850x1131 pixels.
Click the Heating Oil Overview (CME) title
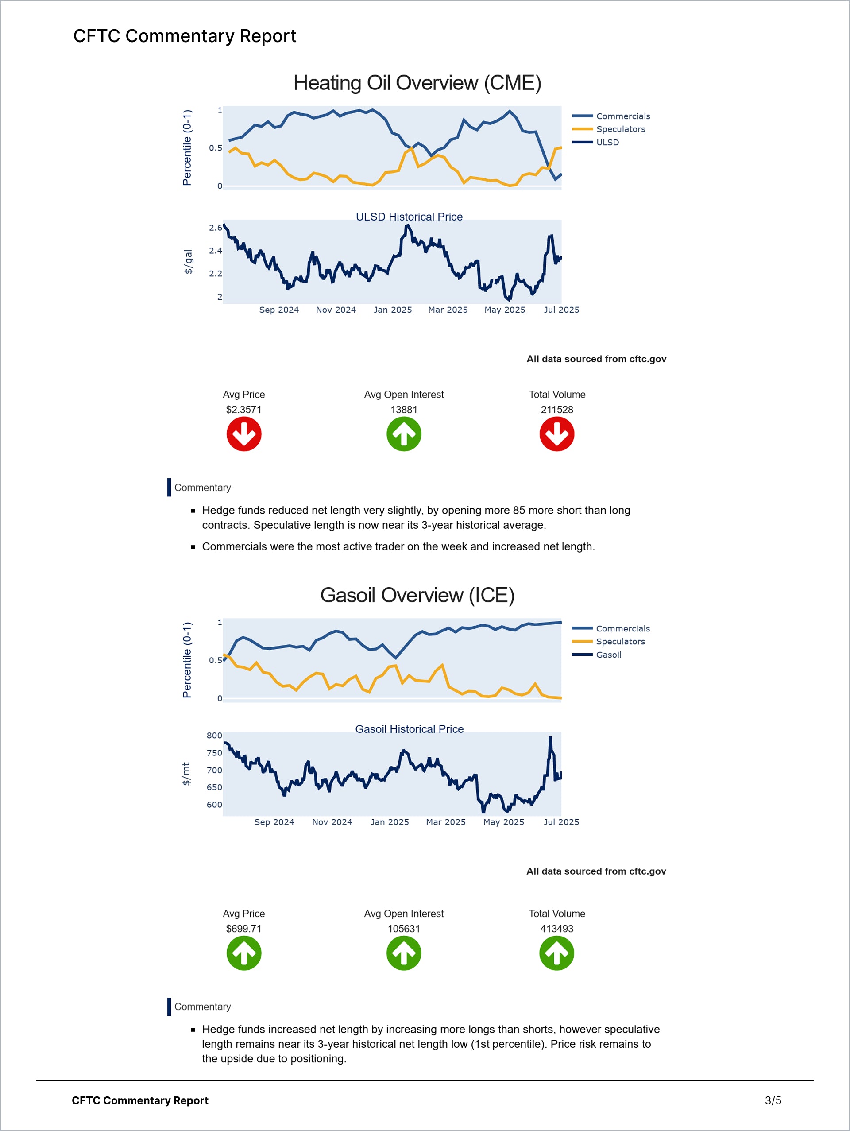pyautogui.click(x=417, y=83)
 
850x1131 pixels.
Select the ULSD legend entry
pyautogui.click(x=607, y=143)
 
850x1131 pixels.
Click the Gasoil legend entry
pyautogui.click(x=608, y=655)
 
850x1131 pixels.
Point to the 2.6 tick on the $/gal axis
pyautogui.click(x=215, y=228)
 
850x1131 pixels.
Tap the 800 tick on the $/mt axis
pyautogui.click(x=214, y=736)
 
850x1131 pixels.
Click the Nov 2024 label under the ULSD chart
pyautogui.click(x=336, y=310)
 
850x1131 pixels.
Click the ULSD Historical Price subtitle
pyautogui.click(x=409, y=217)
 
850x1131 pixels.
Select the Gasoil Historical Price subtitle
pyautogui.click(x=409, y=729)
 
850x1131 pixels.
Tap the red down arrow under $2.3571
pyautogui.click(x=244, y=434)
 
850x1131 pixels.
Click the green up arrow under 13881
pyautogui.click(x=404, y=434)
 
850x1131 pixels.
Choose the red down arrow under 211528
pyautogui.click(x=556, y=434)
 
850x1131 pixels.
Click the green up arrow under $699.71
pyautogui.click(x=244, y=953)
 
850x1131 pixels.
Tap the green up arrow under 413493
pyautogui.click(x=556, y=953)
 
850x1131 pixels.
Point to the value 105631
pyautogui.click(x=404, y=929)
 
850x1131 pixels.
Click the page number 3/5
pyautogui.click(x=773, y=1100)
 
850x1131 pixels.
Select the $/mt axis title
pyautogui.click(x=186, y=774)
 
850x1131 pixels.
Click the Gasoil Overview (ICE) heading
pyautogui.click(x=417, y=595)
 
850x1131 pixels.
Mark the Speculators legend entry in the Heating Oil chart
pyautogui.click(x=620, y=129)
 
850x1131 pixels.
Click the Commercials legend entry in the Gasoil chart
pyautogui.click(x=622, y=629)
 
